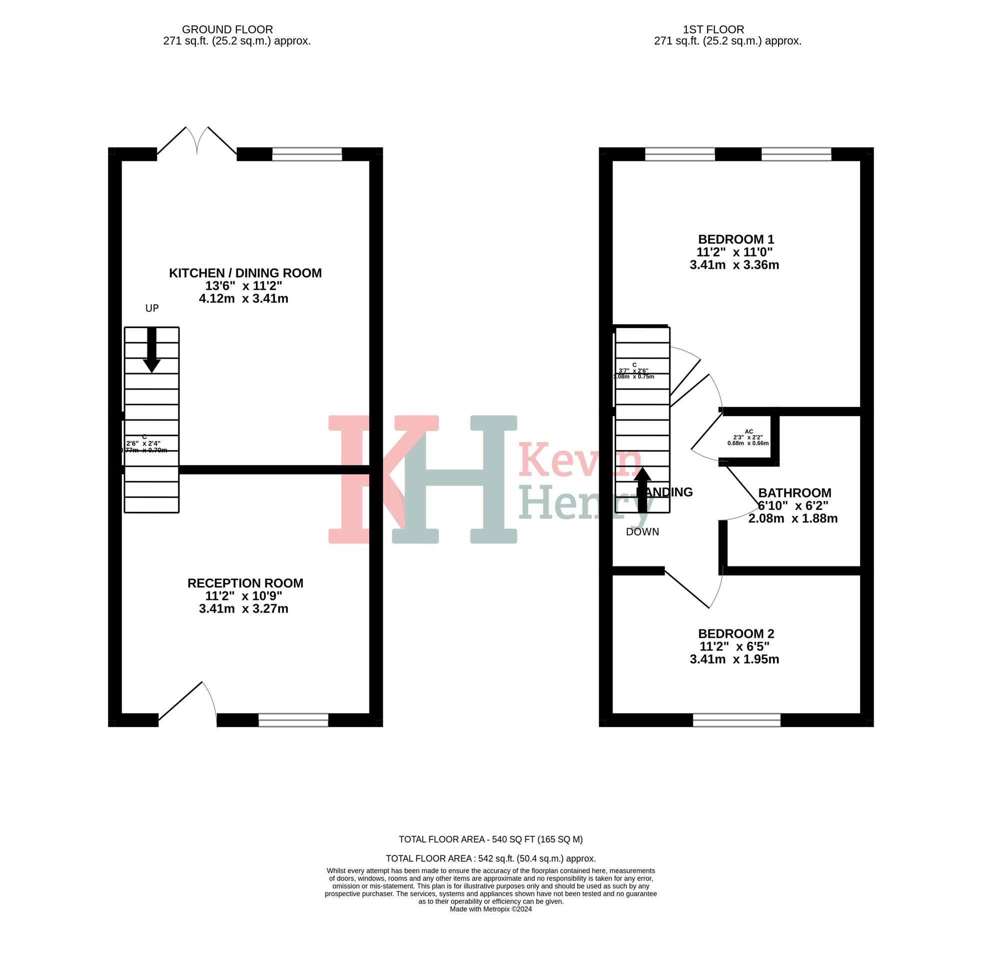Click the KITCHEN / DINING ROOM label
click(245, 273)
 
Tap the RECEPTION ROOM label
click(245, 583)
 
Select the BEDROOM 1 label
click(736, 239)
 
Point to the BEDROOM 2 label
click(736, 634)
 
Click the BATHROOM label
click(794, 492)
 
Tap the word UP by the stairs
click(151, 308)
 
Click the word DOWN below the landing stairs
click(642, 532)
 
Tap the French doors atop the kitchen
click(197, 141)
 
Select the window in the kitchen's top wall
click(307, 154)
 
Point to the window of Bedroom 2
click(736, 720)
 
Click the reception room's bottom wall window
click(293, 720)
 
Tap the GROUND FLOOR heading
click(227, 29)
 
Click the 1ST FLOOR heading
click(713, 29)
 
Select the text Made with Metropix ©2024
click(490, 909)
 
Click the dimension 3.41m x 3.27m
click(243, 609)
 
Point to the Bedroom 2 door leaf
click(687, 589)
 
